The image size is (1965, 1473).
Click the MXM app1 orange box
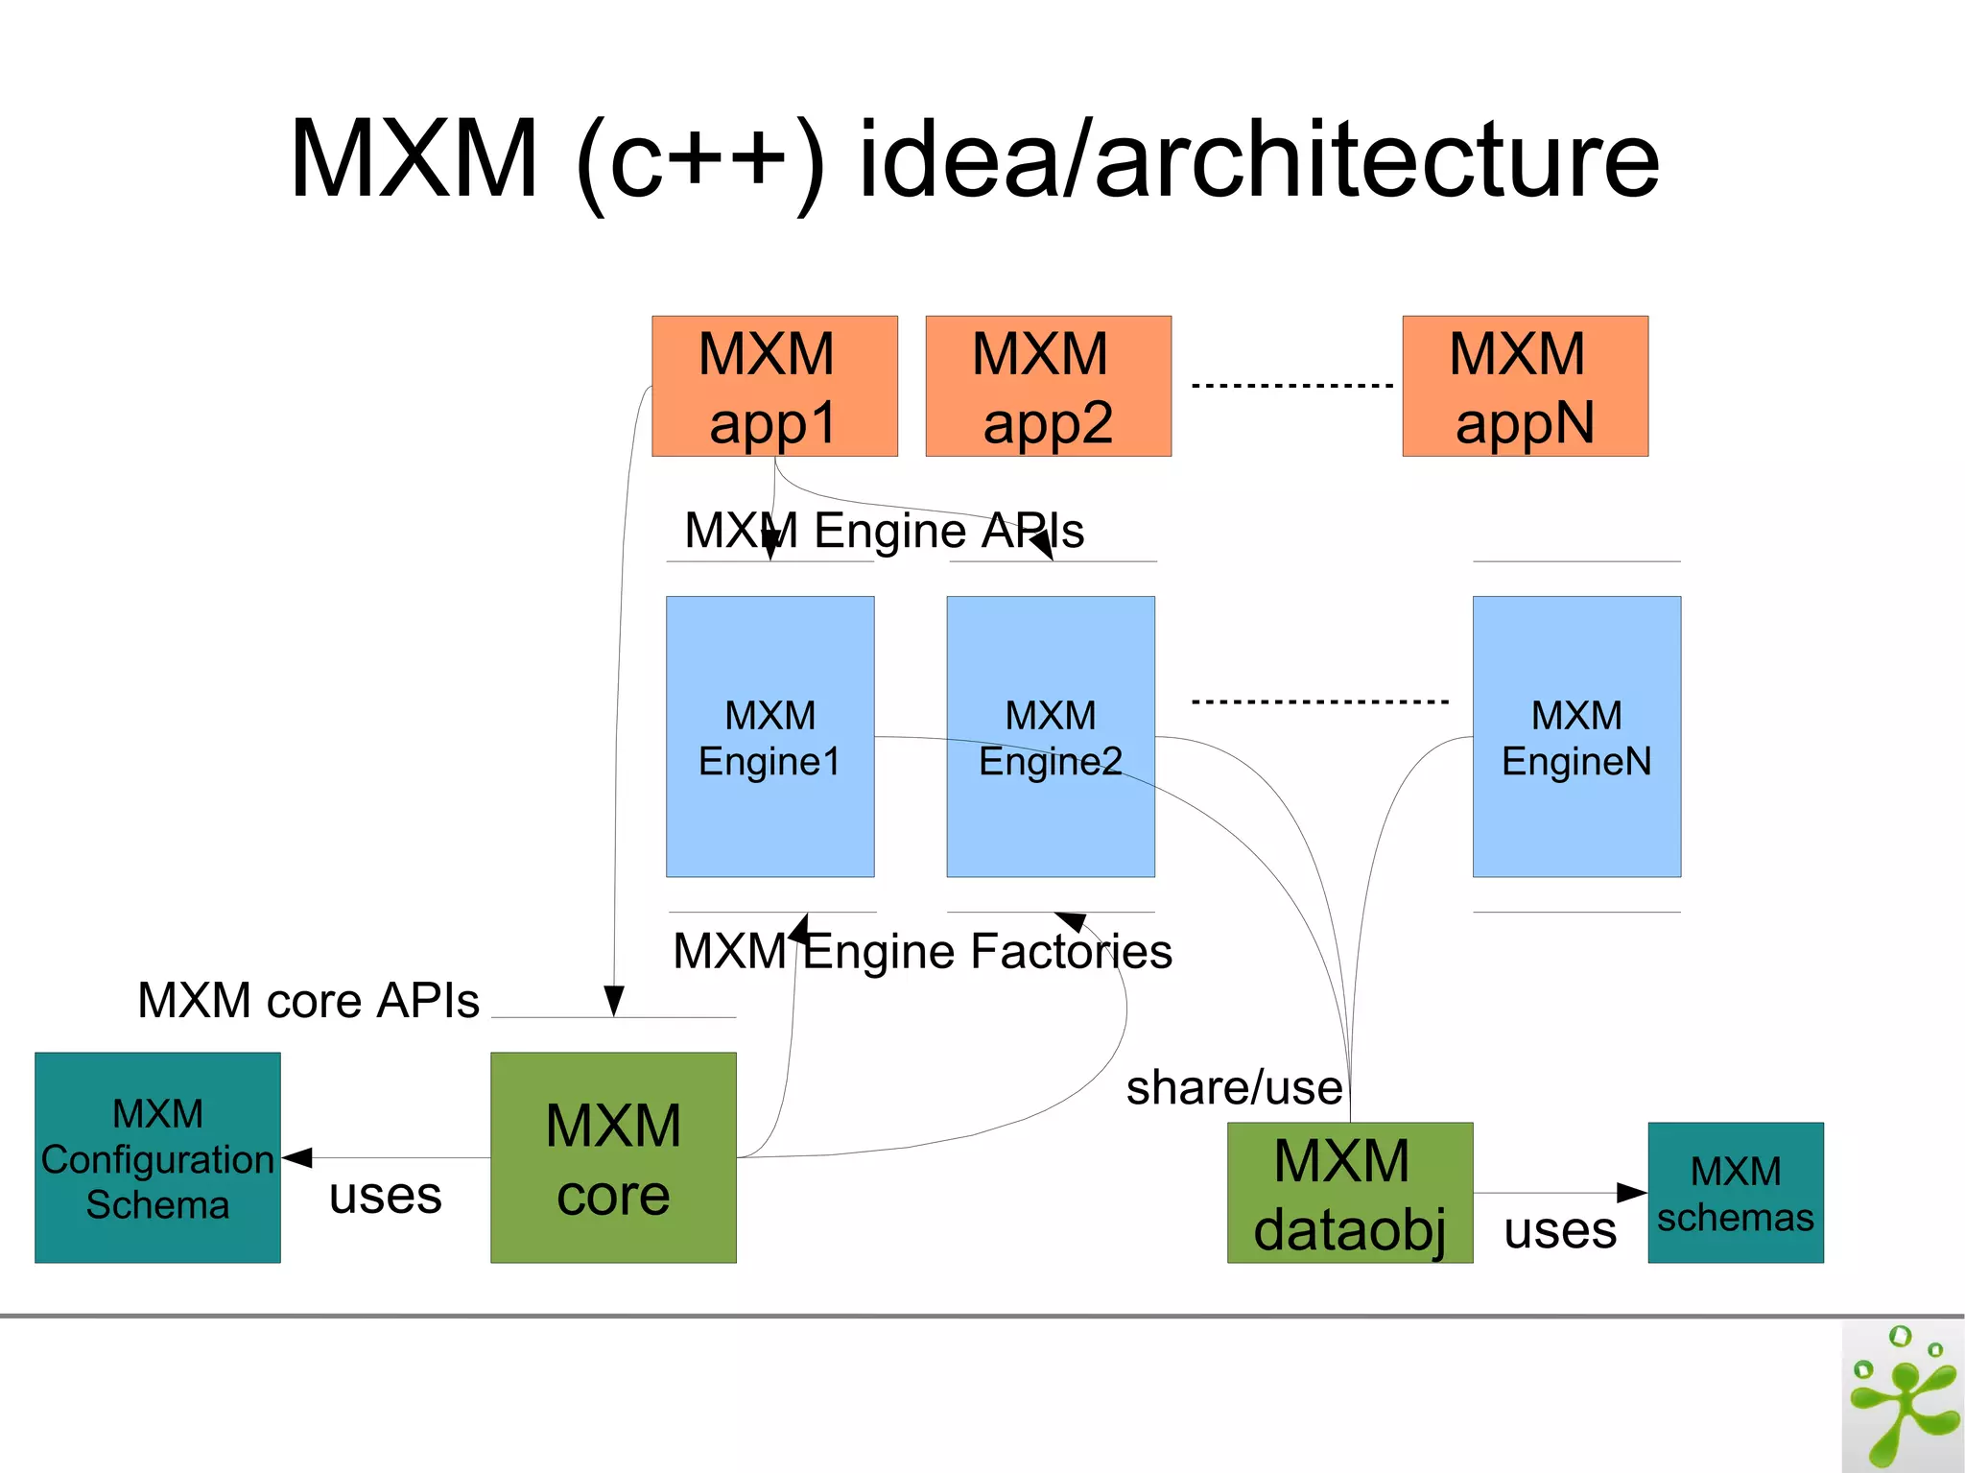774,386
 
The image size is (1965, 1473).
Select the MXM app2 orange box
1048,386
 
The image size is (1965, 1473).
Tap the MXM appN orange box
1525,386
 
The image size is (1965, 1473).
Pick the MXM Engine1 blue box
769,736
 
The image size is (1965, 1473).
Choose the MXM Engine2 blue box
1051,736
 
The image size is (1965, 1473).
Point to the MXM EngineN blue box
1576,736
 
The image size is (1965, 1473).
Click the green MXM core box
613,1157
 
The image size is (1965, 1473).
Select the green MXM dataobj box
1349,1193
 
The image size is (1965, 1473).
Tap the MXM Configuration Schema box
157,1157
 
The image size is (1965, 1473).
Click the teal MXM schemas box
1735,1193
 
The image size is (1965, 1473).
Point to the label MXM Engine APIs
884,531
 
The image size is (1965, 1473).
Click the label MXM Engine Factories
922,952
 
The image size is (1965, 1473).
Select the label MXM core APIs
308,1001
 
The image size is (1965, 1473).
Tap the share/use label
1234,1088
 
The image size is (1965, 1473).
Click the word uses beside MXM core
385,1196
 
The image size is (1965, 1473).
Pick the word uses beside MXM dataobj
1559,1230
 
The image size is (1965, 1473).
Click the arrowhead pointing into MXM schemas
1632,1193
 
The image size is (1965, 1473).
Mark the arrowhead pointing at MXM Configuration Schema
297,1157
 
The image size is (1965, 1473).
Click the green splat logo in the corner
1902,1397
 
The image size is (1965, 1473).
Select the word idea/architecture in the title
1258,159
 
